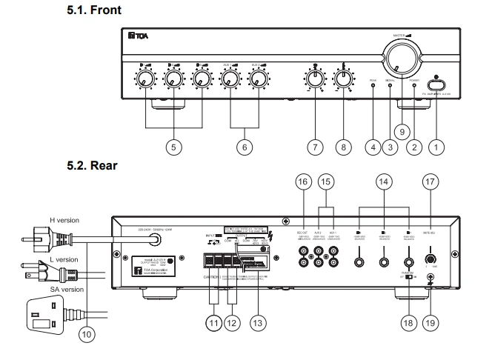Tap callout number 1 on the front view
coord(438,147)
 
